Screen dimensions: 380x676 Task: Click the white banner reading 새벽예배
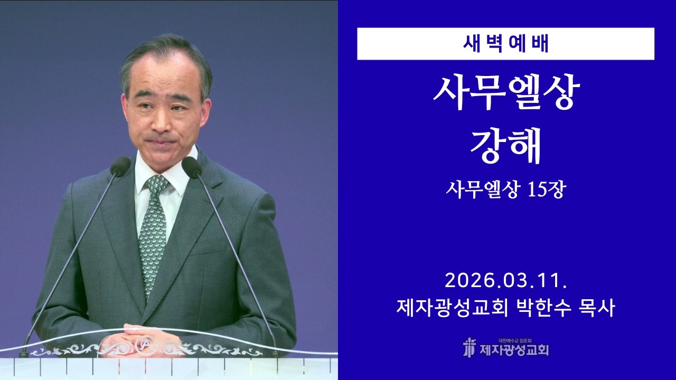coord(505,44)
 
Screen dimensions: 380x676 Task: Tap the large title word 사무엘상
coord(505,93)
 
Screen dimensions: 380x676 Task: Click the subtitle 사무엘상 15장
coord(505,189)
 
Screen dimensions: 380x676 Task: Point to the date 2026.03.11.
coord(505,280)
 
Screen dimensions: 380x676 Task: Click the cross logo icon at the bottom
coord(469,347)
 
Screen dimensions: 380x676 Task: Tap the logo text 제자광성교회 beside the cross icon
coord(514,349)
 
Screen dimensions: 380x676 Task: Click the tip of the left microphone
coord(120,166)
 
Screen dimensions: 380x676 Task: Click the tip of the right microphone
coord(191,167)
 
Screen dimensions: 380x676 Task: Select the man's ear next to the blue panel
coord(205,108)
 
